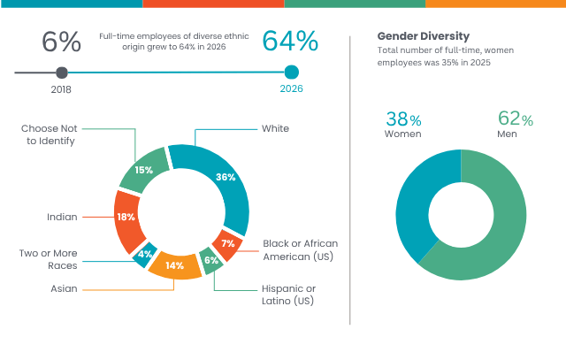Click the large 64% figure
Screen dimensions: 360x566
tap(290, 42)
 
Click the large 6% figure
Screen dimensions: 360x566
tap(61, 42)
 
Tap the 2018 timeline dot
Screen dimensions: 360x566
tap(61, 73)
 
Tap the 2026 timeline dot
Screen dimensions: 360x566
tap(292, 73)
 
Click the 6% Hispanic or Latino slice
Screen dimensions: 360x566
tap(210, 261)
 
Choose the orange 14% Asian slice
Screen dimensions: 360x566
tap(175, 265)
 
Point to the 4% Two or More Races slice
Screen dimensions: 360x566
tap(144, 255)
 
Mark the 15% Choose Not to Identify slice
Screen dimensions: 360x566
tap(143, 170)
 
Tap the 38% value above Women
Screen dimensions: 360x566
tap(402, 119)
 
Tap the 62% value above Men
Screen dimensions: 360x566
tap(515, 119)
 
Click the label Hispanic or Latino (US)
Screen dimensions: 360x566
tap(288, 295)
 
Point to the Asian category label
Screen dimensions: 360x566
tap(64, 288)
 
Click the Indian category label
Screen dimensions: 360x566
tap(62, 217)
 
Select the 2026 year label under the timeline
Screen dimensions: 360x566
tap(292, 88)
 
